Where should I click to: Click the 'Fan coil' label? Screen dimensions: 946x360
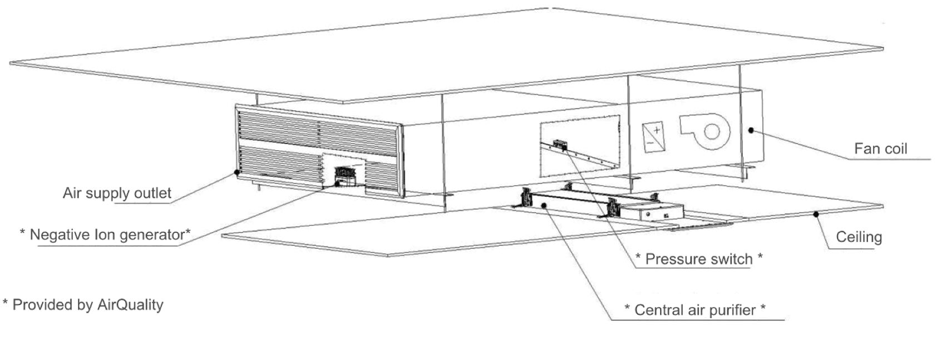[x=880, y=149]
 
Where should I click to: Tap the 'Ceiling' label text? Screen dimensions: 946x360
[x=859, y=237]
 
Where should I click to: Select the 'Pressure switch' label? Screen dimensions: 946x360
[x=699, y=259]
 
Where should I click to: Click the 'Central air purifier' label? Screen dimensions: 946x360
[x=695, y=310]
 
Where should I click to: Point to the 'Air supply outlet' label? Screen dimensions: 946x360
[x=117, y=193]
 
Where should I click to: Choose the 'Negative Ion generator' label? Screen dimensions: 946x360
[x=105, y=234]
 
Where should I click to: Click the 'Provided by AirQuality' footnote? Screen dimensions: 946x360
[x=83, y=305]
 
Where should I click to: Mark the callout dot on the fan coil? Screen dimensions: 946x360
[x=751, y=130]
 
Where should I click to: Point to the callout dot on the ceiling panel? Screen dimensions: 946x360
[x=816, y=214]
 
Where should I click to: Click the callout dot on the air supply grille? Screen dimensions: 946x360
[x=237, y=172]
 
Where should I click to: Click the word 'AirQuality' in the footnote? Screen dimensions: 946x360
[x=130, y=305]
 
